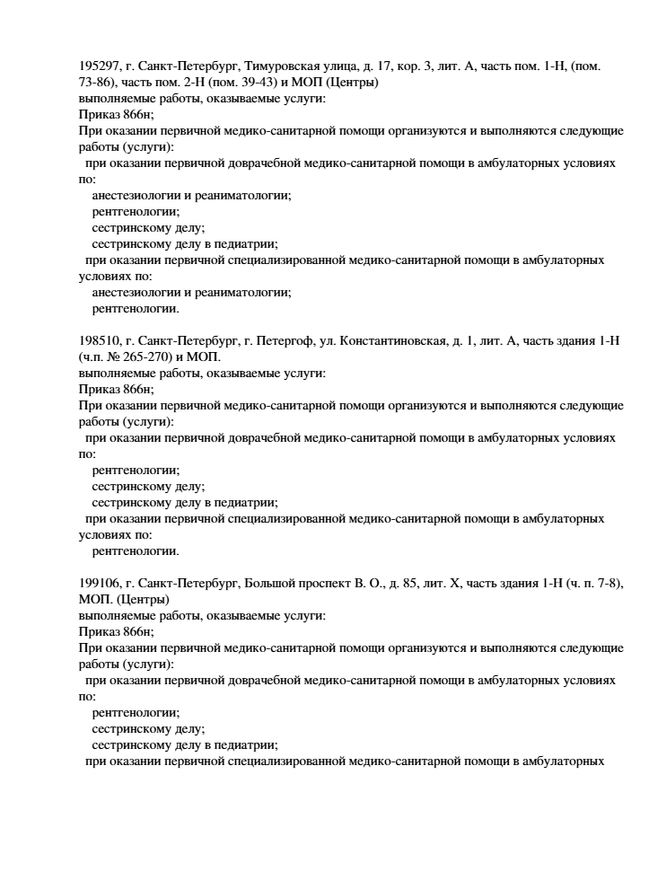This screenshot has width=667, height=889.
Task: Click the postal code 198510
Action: click(98, 342)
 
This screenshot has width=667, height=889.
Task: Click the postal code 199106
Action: click(98, 583)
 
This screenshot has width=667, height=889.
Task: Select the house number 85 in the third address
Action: click(408, 583)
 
